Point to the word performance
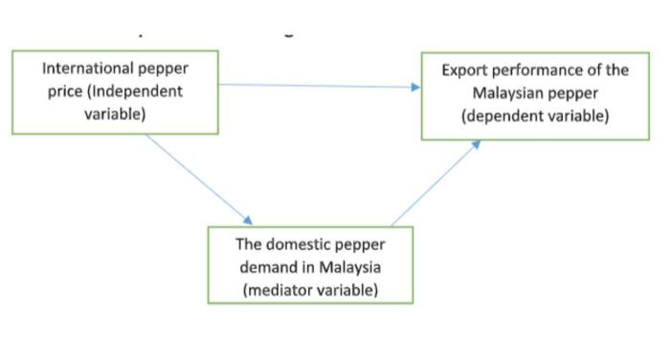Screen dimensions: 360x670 [x=538, y=71]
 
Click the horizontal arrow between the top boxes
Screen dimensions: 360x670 [x=316, y=86]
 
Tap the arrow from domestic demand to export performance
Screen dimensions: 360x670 [x=435, y=182]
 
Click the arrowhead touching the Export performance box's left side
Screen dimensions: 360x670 [x=416, y=87]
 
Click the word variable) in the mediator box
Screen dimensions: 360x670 [x=349, y=288]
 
